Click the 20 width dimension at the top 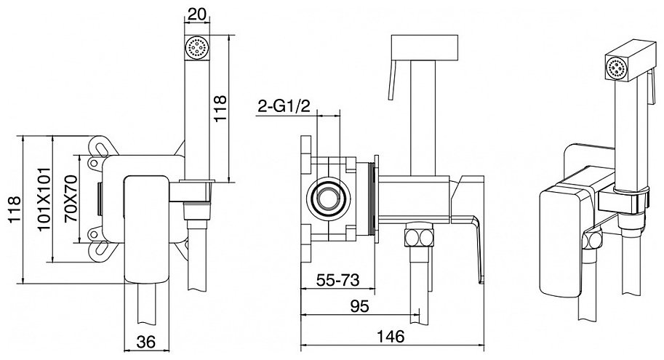tap(197, 14)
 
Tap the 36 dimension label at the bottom tap(146, 341)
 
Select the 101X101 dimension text tap(44, 199)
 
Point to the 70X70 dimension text tap(71, 199)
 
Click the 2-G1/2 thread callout tap(284, 106)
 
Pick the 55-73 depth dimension tap(338, 280)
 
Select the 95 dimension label tap(359, 305)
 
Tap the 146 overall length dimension tap(391, 336)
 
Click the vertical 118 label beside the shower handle tap(220, 108)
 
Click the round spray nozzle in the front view tap(197, 47)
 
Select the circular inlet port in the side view tap(328, 197)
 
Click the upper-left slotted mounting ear tap(101, 147)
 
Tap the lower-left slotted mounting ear tap(101, 248)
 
